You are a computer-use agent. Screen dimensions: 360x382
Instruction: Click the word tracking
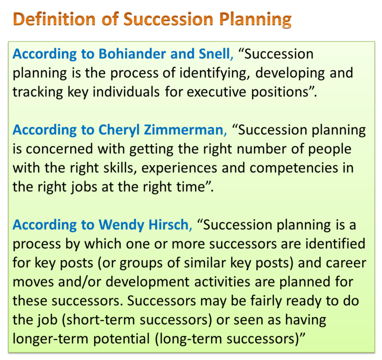[36, 92]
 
